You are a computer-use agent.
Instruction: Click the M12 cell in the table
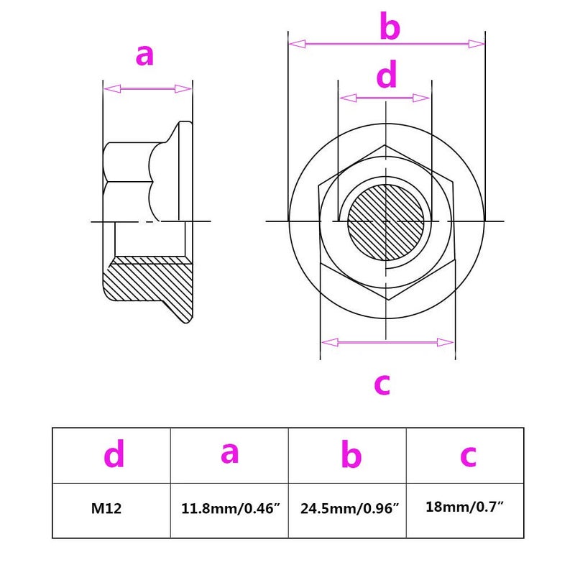(x=106, y=508)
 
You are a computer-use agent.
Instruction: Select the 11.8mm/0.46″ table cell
(x=230, y=508)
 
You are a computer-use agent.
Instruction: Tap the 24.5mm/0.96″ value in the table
(x=349, y=508)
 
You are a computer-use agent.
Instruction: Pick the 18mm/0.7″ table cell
(x=464, y=507)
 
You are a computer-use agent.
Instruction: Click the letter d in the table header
(x=114, y=454)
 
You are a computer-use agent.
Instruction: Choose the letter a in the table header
(x=229, y=453)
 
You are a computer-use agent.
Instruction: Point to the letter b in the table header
(x=351, y=454)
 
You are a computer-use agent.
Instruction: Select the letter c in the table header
(x=469, y=456)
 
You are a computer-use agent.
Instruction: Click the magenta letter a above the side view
(x=144, y=55)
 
